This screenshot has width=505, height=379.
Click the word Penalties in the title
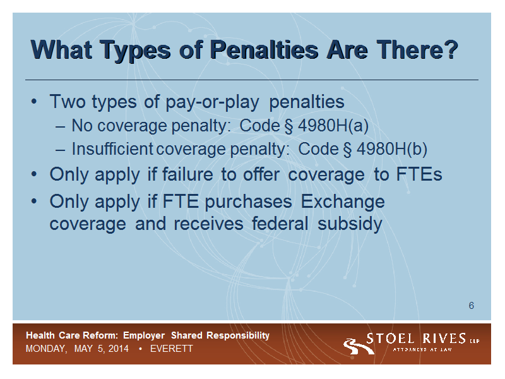(264, 50)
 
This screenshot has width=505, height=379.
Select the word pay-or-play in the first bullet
(212, 102)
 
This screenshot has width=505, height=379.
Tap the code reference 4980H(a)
(333, 126)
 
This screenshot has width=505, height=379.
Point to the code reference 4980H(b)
(392, 149)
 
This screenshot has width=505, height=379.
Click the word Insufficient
(112, 149)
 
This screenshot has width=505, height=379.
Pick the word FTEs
(419, 174)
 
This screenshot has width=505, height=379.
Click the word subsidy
(350, 224)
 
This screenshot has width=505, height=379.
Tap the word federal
(280, 224)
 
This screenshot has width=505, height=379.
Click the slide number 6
(471, 306)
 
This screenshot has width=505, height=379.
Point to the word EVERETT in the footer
(171, 349)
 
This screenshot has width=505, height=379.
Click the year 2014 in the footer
(118, 349)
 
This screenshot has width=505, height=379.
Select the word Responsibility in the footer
(238, 335)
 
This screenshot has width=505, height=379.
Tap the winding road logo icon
(357, 346)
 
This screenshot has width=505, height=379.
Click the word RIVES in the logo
(444, 339)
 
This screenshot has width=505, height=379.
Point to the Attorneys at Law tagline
(422, 349)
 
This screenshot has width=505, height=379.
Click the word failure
(187, 174)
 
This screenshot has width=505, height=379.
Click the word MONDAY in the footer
(46, 349)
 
